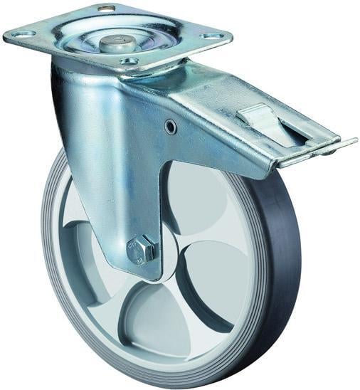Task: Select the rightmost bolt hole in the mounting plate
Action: [x=211, y=36]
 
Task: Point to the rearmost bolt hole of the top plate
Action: [x=107, y=9]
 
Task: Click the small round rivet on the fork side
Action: [x=170, y=127]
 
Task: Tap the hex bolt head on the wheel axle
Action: [x=139, y=249]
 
